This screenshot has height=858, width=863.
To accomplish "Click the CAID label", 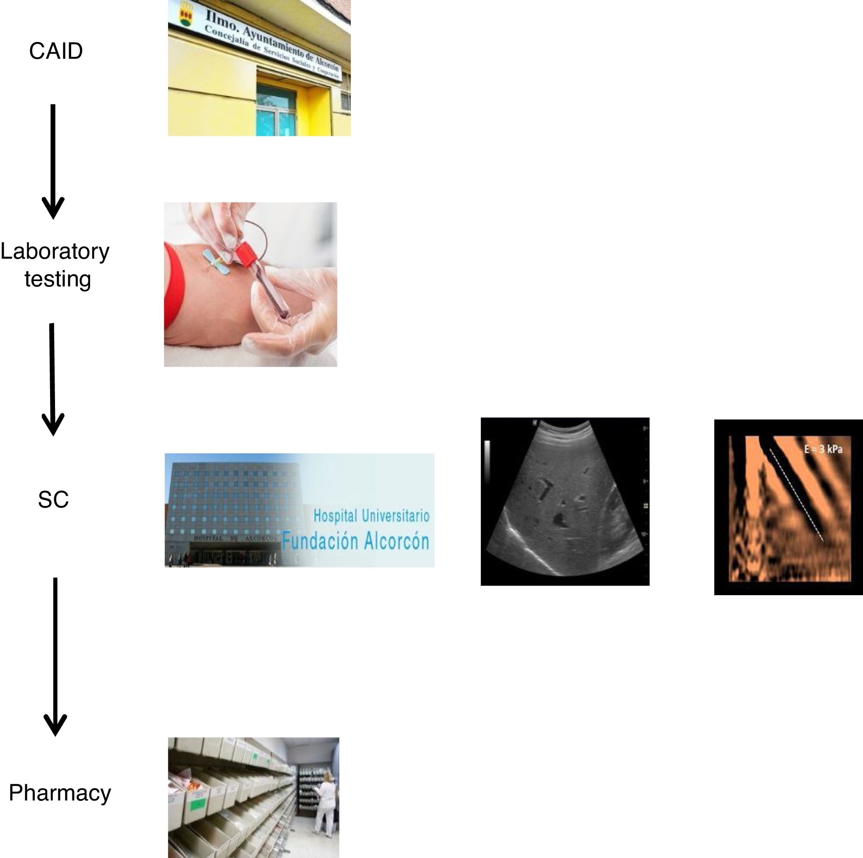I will coord(56,51).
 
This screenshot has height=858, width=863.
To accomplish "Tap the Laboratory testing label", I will coord(55,265).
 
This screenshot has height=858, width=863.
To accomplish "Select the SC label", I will coord(53,500).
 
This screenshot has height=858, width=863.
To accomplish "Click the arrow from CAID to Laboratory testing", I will coord(53,161).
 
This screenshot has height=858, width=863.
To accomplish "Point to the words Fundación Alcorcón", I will coord(355,542).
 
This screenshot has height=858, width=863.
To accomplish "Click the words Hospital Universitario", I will coord(371,516).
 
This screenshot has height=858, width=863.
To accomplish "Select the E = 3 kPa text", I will coord(823,449).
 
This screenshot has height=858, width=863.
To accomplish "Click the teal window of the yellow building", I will coord(276,112).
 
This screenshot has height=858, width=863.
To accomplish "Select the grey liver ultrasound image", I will coord(565,501).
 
